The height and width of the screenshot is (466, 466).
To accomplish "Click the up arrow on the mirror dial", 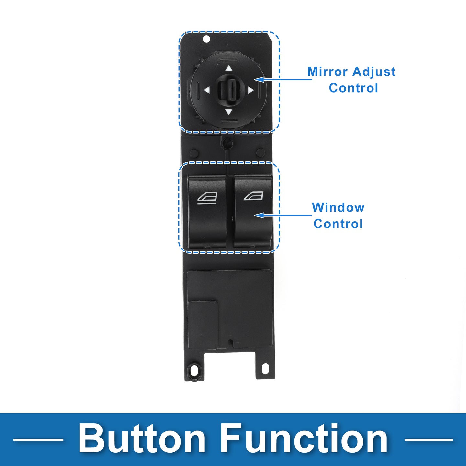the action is coord(229,68).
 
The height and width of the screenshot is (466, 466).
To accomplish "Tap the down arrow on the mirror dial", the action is coord(228,112).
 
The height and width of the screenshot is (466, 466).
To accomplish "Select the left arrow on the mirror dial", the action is coord(207,90).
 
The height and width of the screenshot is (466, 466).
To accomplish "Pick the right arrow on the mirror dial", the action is coord(250,90).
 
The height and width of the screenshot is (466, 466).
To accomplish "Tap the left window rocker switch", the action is coord(207,212).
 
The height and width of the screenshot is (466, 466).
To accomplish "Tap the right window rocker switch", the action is coord(253,212).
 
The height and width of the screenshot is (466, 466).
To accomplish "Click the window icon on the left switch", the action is coord(207,198).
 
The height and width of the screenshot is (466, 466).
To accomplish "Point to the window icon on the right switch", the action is coord(253,196).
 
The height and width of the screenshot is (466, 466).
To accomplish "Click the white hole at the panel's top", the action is coord(206,39).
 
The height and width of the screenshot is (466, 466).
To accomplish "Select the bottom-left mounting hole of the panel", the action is coord(194,370).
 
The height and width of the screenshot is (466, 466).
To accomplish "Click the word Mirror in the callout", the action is coord(327,72).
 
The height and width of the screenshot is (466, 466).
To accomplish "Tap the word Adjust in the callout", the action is coord(374,72).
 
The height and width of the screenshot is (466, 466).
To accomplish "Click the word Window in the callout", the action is coord(338,207).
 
